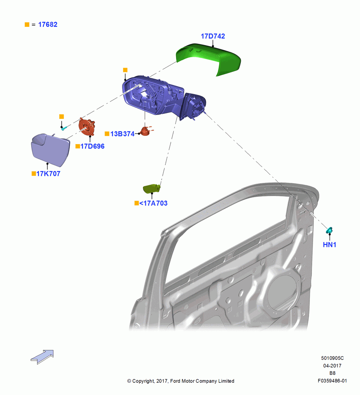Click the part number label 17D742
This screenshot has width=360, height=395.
213,36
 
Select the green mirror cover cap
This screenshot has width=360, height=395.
208,58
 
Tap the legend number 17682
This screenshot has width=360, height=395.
48,24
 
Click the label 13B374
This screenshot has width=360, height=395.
122,134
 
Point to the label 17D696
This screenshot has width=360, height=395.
92,146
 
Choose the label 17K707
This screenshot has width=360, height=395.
48,173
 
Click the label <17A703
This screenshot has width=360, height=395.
153,203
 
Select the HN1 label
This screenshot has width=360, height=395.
329,245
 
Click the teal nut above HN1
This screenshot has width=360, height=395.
329,230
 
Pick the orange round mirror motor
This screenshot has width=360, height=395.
87,127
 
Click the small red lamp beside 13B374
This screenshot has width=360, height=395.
146,131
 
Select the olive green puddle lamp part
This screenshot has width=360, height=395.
152,189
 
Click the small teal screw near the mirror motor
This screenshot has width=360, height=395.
64,128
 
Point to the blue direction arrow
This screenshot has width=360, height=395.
42,357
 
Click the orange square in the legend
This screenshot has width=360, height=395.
27,24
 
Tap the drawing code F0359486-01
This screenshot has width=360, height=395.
332,381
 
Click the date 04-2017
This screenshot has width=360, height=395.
332,365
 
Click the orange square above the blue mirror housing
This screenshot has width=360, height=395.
125,70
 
